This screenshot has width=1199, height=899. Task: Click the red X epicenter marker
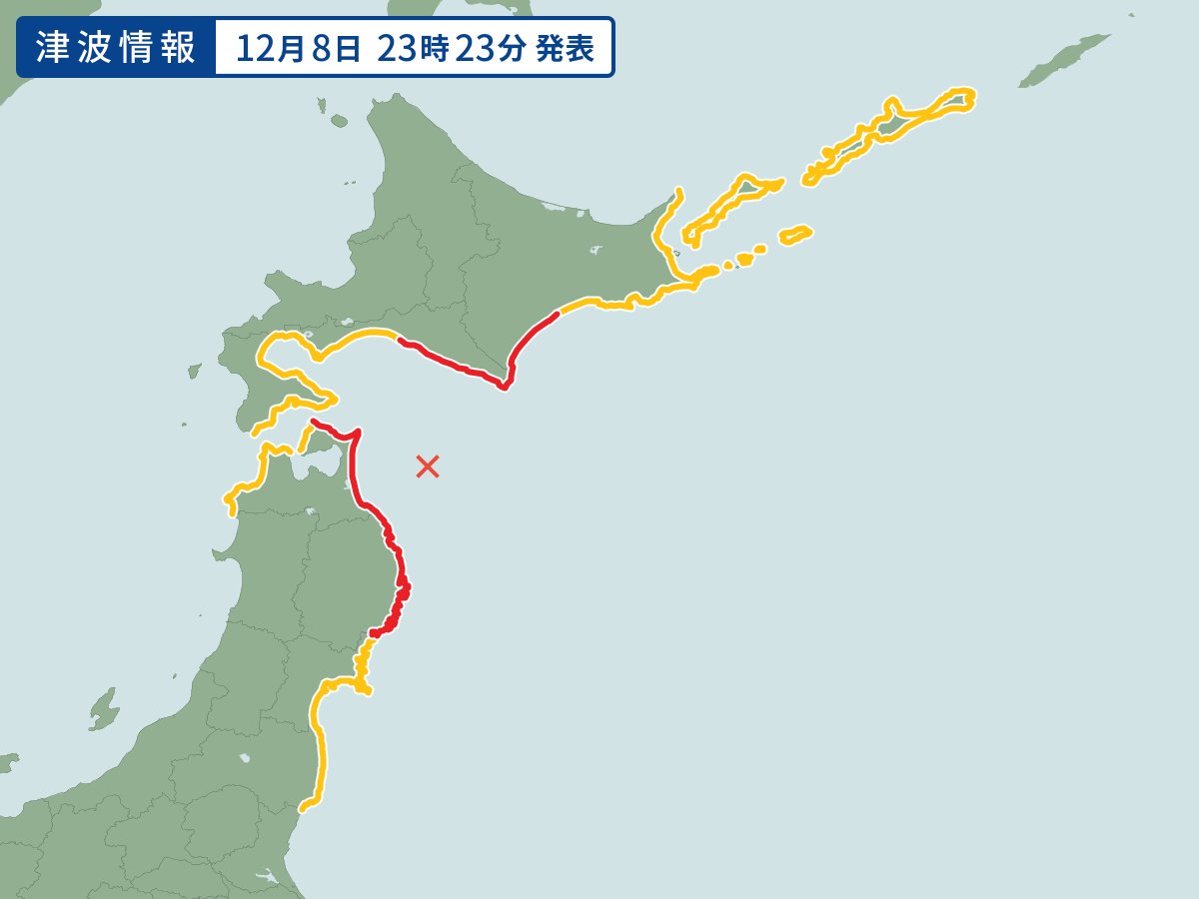(x=428, y=465)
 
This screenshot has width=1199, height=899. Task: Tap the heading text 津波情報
(x=115, y=48)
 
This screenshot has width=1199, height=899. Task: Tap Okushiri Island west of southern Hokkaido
(x=194, y=371)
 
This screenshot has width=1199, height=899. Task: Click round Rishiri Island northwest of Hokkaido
(x=339, y=122)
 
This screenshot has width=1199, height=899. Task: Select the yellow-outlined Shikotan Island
(x=796, y=235)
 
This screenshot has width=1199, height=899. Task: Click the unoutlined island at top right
(x=1064, y=59)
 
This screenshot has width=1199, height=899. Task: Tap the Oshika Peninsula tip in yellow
(x=367, y=690)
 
